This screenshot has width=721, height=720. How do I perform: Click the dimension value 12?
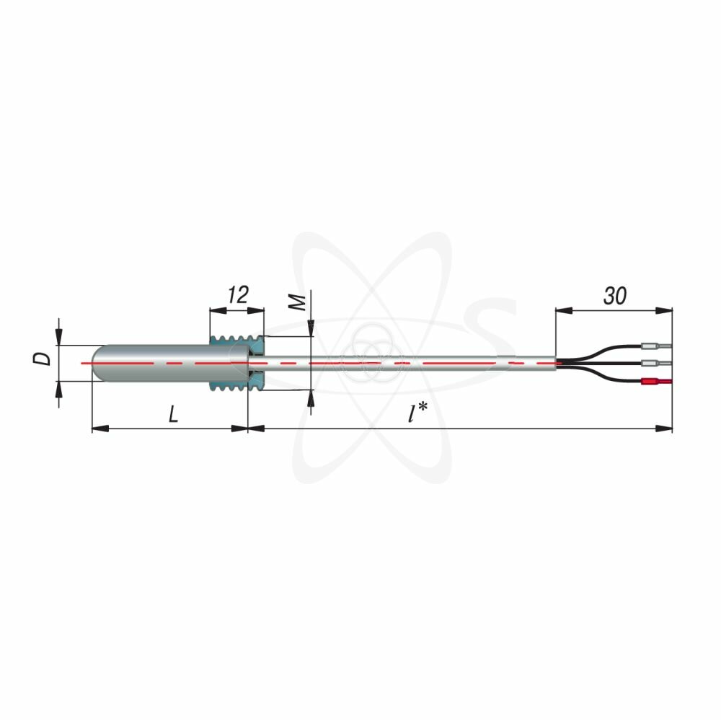coord(237,294)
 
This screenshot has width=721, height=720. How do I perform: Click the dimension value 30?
coord(615,295)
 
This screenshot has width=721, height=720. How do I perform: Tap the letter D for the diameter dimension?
coord(45,358)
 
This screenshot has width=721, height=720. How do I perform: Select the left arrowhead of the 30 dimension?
coord(563,311)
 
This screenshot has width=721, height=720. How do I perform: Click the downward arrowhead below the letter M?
coord(311,330)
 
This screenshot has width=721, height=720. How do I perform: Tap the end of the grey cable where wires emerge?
coord(555,363)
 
